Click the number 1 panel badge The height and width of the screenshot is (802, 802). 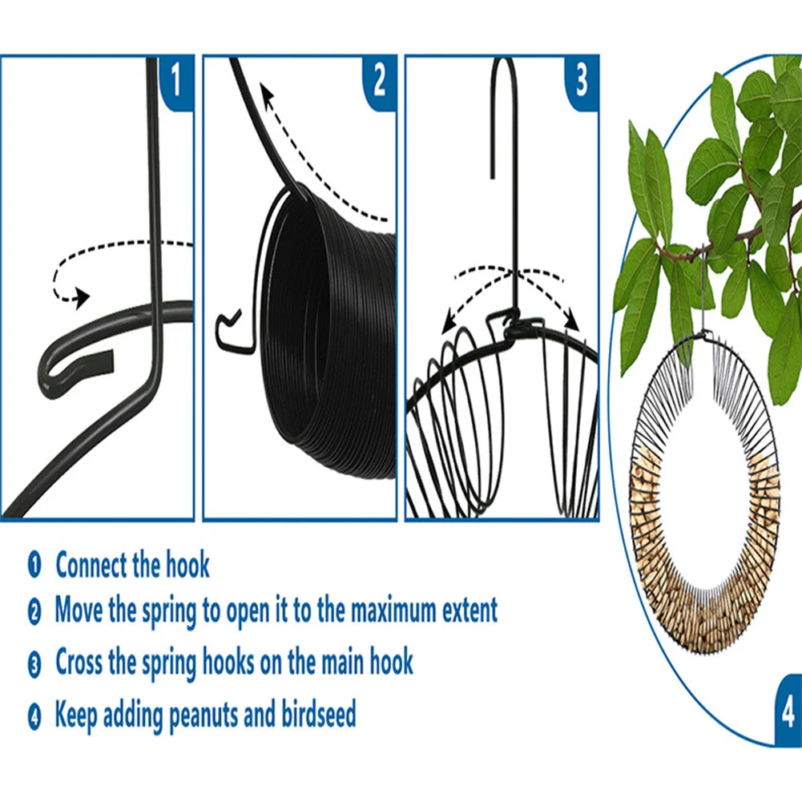click(x=177, y=82)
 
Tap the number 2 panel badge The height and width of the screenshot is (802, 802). click(x=380, y=82)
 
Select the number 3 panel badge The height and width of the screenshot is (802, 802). click(x=582, y=82)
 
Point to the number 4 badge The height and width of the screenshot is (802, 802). click(x=788, y=710)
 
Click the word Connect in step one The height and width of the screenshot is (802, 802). click(x=91, y=565)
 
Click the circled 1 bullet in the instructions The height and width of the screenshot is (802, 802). click(x=34, y=565)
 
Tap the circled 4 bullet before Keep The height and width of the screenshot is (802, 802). click(x=34, y=716)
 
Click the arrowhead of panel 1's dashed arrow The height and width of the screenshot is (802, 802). click(x=83, y=298)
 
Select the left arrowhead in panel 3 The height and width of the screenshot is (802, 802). click(x=449, y=323)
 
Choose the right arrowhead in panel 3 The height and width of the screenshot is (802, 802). click(x=572, y=323)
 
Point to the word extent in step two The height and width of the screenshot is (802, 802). click(x=470, y=610)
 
